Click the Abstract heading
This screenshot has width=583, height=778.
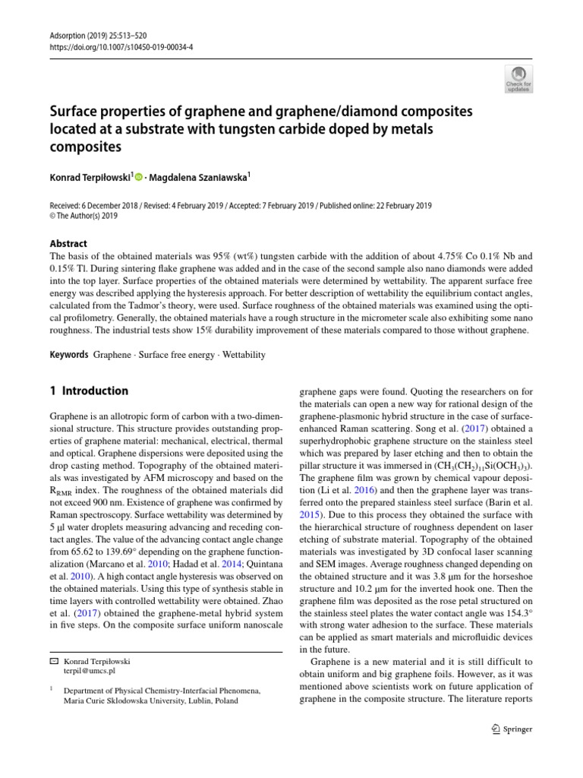point(68,244)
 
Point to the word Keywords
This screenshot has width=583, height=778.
point(68,355)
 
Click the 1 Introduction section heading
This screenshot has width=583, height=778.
point(89,391)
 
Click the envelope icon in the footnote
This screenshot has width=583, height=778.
point(53,660)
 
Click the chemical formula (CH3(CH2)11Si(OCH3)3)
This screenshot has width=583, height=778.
point(468,466)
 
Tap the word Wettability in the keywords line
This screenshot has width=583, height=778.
point(241,355)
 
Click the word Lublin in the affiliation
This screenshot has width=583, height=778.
point(197,701)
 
